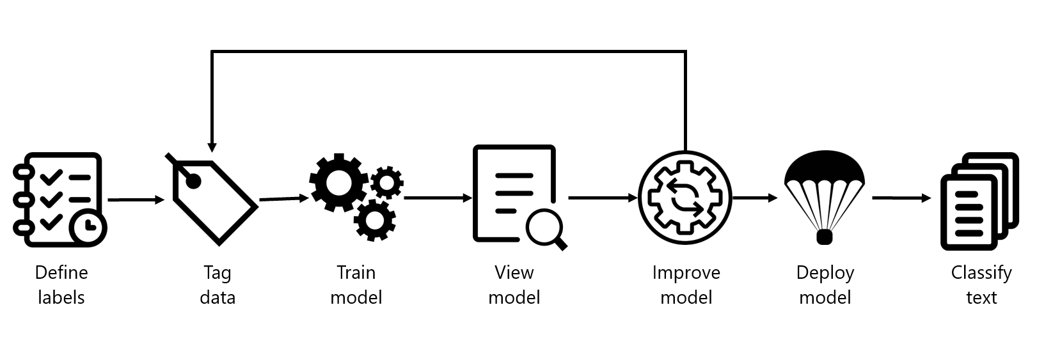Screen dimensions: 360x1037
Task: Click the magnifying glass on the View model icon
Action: click(546, 228)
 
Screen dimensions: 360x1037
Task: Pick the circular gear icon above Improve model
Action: click(685, 198)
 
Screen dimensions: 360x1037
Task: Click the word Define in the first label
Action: click(61, 273)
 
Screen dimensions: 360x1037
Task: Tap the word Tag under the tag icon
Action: click(217, 273)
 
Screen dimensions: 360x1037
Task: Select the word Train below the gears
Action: click(356, 273)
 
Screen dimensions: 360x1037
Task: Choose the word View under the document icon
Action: click(514, 273)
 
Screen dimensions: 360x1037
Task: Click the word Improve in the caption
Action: click(686, 273)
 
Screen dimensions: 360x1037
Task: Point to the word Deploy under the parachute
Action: click(825, 273)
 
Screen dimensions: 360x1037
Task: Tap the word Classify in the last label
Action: click(981, 273)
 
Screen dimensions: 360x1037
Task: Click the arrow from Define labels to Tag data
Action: click(136, 200)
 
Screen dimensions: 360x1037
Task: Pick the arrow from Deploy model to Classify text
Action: click(901, 198)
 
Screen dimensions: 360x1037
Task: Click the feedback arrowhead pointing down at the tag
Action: click(212, 147)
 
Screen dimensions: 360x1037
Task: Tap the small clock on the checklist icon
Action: click(89, 226)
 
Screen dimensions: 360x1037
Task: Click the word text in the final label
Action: click(981, 298)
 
